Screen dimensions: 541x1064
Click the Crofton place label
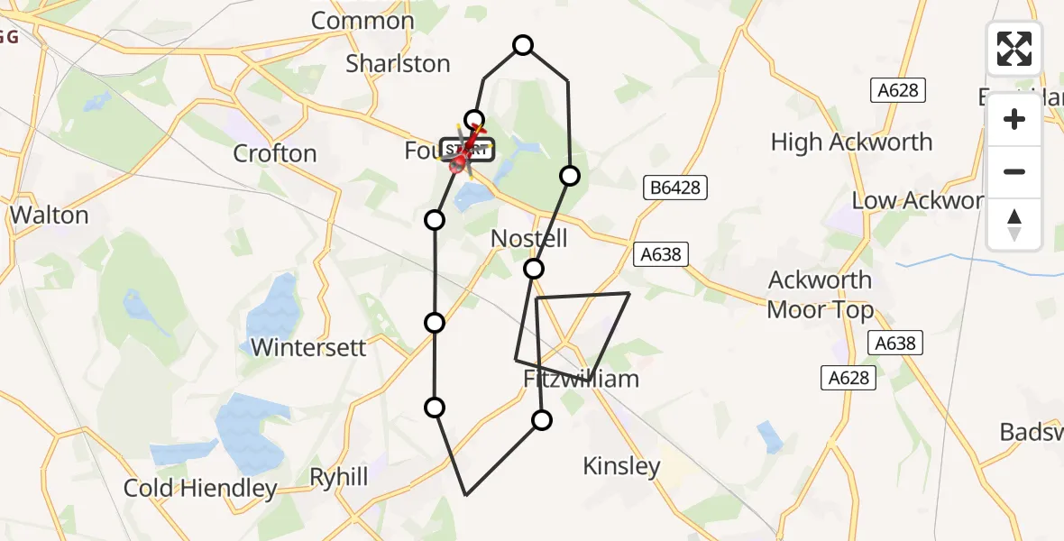[275, 153]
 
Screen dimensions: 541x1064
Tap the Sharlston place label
[398, 63]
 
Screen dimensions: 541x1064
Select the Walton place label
[50, 215]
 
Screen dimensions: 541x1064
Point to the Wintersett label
[308, 347]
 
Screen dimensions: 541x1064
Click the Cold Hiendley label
[200, 489]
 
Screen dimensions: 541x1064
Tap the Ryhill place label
[339, 476]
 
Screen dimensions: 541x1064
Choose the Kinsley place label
[621, 466]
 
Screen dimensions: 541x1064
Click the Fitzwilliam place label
[582, 379]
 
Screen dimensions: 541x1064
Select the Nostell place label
[529, 239]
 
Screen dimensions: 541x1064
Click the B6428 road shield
[675, 188]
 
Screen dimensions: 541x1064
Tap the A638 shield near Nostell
[660, 255]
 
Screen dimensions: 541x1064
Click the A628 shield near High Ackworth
[898, 90]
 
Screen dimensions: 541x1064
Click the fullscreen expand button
[1014, 49]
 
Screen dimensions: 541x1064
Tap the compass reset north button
[1014, 224]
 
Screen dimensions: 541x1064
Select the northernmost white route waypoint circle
[523, 45]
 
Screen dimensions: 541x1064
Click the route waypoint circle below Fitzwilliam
[542, 419]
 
